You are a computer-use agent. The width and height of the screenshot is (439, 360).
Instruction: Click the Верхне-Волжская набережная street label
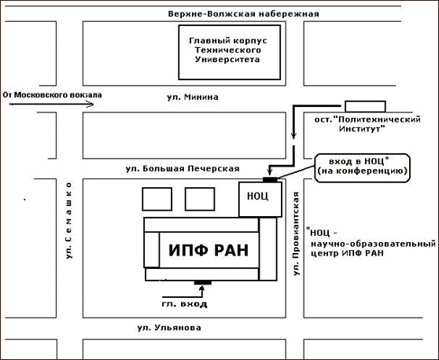[243, 14]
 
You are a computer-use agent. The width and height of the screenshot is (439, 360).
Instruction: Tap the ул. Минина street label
[193, 97]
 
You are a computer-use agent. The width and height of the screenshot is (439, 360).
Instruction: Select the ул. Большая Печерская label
[183, 169]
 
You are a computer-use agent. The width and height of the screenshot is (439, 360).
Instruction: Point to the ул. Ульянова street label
[169, 328]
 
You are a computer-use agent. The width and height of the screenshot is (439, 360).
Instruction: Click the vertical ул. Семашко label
[69, 220]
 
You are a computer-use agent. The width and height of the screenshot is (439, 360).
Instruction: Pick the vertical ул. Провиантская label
[297, 233]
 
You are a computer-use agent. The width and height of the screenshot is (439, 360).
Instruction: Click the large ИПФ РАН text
[208, 250]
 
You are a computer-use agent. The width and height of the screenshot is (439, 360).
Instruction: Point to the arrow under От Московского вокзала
[51, 105]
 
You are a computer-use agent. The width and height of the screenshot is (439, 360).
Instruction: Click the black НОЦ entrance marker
[270, 179]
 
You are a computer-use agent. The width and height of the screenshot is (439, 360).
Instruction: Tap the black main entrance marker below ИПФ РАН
[203, 282]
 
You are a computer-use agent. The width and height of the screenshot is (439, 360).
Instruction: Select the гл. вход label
[185, 303]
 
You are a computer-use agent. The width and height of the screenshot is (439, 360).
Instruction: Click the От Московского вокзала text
[53, 95]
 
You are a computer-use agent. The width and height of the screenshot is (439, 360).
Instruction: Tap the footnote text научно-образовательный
[374, 244]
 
